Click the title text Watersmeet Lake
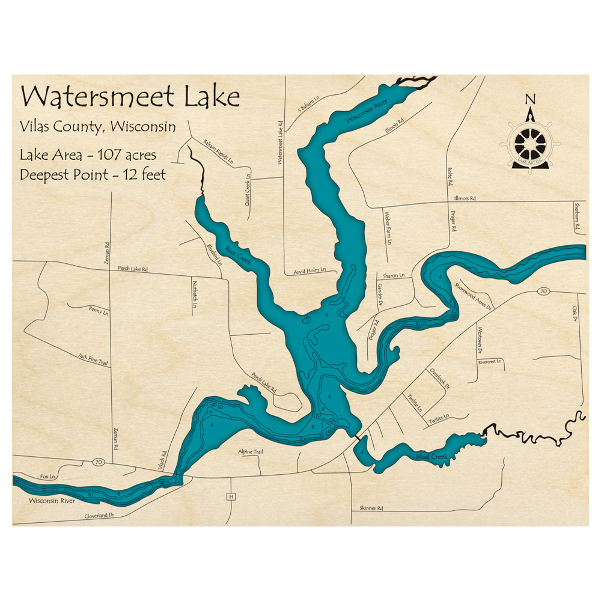point(130,97)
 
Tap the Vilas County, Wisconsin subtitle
point(97,127)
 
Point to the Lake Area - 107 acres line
point(88,155)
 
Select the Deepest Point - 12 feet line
point(93,175)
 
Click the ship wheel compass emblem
point(530,144)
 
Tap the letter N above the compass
point(529,99)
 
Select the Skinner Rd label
point(371,508)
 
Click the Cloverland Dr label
point(99,516)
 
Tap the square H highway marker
point(230,496)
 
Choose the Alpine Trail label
point(251,451)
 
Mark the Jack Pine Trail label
point(93,360)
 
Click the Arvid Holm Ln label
point(309,271)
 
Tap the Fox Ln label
point(47,477)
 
